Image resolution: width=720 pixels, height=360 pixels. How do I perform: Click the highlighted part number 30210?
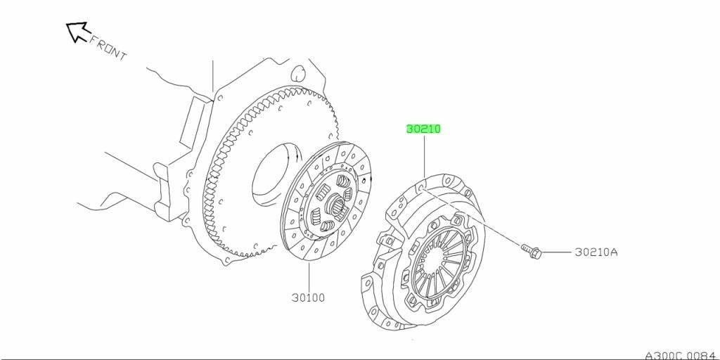423,129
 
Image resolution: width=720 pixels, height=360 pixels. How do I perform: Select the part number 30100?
308,297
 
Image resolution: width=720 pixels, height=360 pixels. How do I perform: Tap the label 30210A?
596,252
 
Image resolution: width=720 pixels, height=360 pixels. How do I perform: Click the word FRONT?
108,48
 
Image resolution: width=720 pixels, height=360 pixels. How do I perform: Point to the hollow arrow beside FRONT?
77,31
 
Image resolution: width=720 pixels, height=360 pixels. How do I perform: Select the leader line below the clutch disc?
309,276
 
